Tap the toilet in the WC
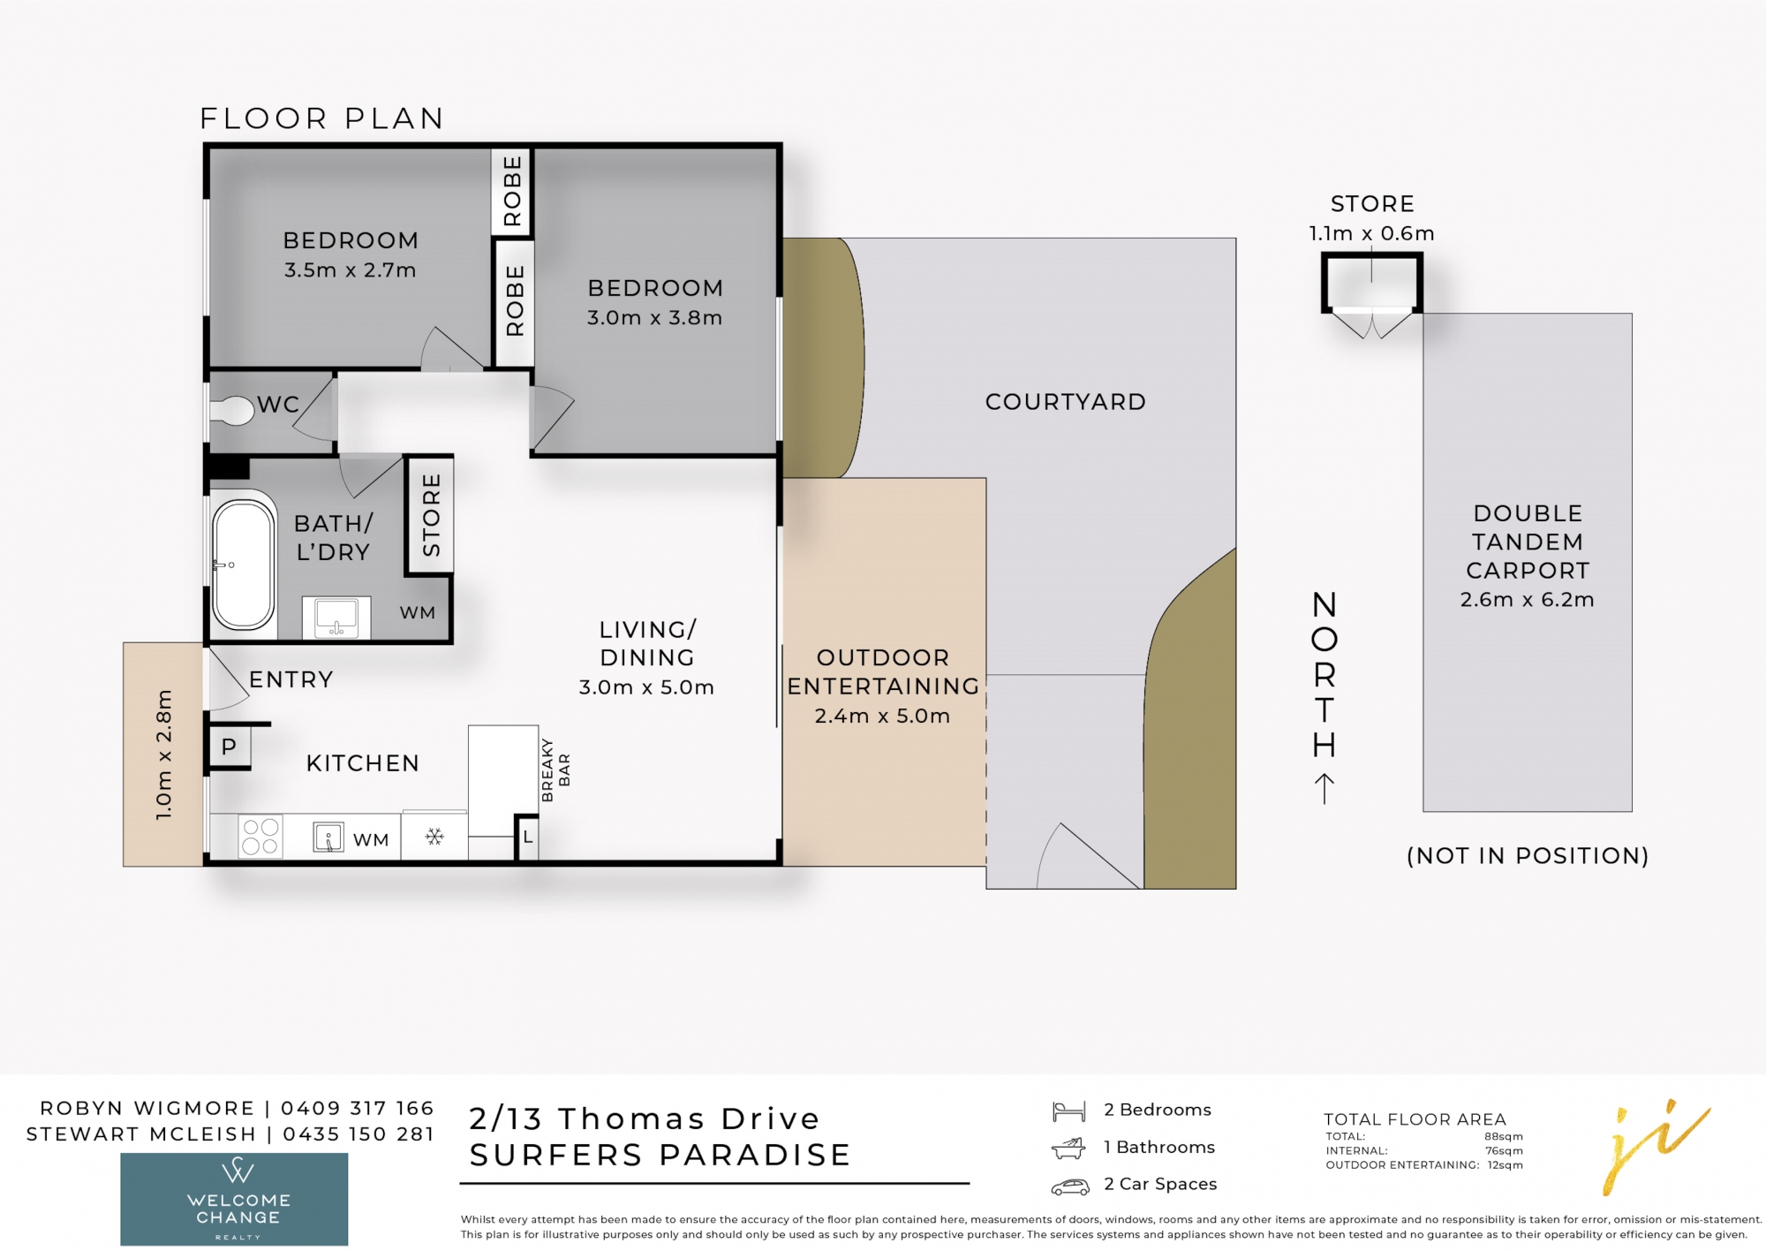coord(232,411)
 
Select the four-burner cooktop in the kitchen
coord(260,836)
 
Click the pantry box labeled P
coord(229,747)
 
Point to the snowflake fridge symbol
coord(434,836)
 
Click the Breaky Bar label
coord(555,770)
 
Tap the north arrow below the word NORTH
coord(1324,789)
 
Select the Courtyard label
coord(1066,402)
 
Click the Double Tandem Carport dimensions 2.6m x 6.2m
coord(1527,600)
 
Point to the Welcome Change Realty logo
coord(234,1199)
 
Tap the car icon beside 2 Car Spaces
coord(1069,1187)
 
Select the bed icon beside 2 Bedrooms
coord(1068,1111)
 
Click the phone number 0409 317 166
coord(357,1108)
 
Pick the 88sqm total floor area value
coord(1503,1137)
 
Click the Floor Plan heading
coord(321,118)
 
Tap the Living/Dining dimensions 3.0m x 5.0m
coord(646,687)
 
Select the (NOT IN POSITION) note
coord(1527,855)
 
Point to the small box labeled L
coord(527,836)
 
